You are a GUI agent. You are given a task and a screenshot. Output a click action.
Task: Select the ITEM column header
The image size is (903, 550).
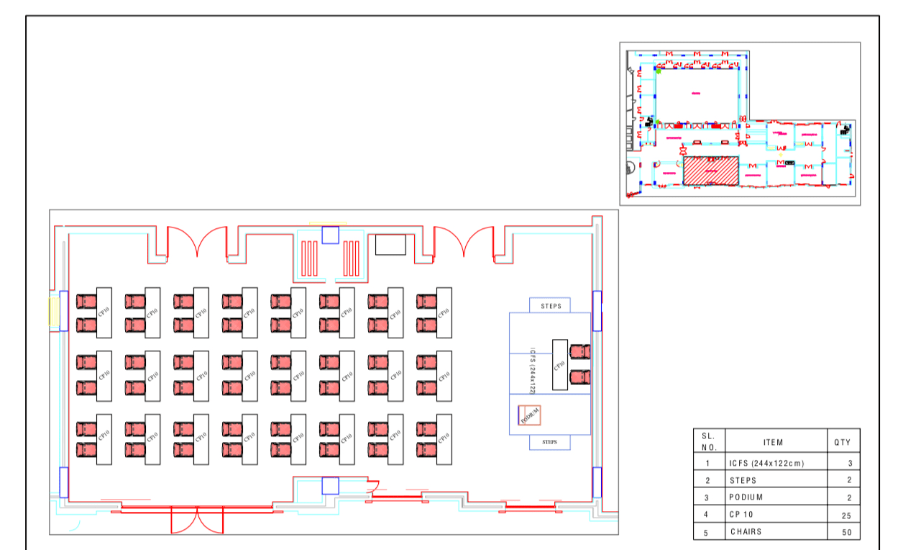(774, 442)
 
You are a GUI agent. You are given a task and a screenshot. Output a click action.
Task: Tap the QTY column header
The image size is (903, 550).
(842, 442)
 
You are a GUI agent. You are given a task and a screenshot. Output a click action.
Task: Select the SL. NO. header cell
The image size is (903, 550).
(709, 441)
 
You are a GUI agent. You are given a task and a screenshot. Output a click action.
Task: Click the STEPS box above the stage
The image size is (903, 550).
(550, 306)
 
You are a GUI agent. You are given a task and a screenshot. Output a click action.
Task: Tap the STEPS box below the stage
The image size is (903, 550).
(550, 442)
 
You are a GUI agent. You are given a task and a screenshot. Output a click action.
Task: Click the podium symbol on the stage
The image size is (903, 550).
(529, 415)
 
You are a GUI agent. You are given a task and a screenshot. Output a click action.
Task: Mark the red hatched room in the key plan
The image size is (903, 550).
(710, 171)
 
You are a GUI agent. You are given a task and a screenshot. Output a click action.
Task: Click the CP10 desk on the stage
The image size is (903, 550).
(559, 364)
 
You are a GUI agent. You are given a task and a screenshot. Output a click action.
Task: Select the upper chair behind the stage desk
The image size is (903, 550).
(579, 351)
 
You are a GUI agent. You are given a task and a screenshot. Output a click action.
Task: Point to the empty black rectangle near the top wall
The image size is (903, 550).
(390, 244)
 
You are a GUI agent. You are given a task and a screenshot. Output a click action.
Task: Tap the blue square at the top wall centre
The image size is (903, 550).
(330, 235)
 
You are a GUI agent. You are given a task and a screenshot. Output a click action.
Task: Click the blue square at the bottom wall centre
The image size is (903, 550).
(330, 485)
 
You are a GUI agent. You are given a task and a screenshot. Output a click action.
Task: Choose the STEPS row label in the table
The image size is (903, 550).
(743, 480)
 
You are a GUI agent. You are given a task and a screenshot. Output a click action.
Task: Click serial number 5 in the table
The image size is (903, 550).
(708, 532)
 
